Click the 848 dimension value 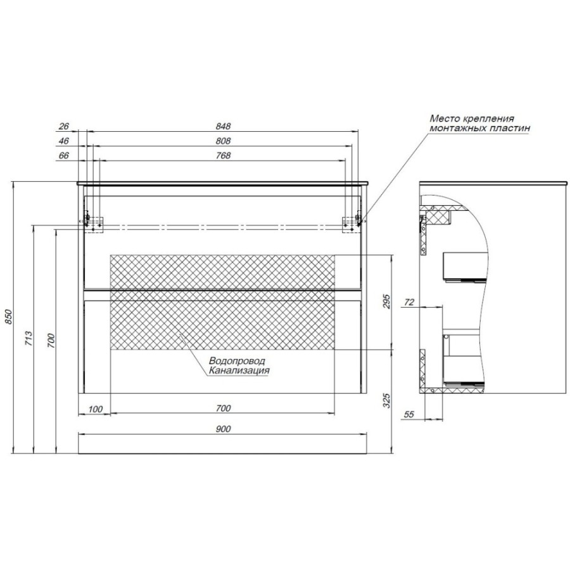coord(223,126)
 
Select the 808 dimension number coord(223,141)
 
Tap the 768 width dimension coord(223,155)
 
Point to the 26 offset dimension coord(63,126)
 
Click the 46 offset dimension coord(63,141)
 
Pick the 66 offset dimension coord(63,155)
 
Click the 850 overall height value coord(8,317)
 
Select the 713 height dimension coord(29,338)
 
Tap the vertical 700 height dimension coord(51,341)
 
